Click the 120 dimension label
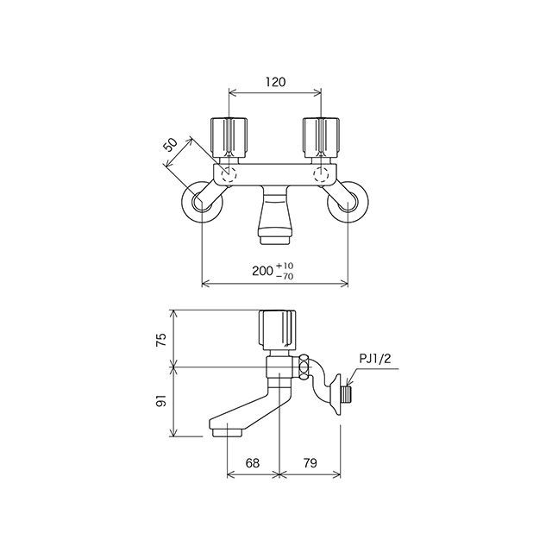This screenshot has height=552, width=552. [274, 82]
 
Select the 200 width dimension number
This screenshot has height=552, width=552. [262, 270]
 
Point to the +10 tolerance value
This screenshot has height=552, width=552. [285, 264]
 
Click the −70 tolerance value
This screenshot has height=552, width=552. [285, 276]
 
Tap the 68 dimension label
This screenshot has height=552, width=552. [252, 463]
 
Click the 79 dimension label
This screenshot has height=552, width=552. [310, 463]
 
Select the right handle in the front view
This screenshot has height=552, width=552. [321, 135]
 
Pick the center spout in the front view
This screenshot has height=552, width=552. [276, 216]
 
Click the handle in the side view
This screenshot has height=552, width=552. [279, 328]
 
